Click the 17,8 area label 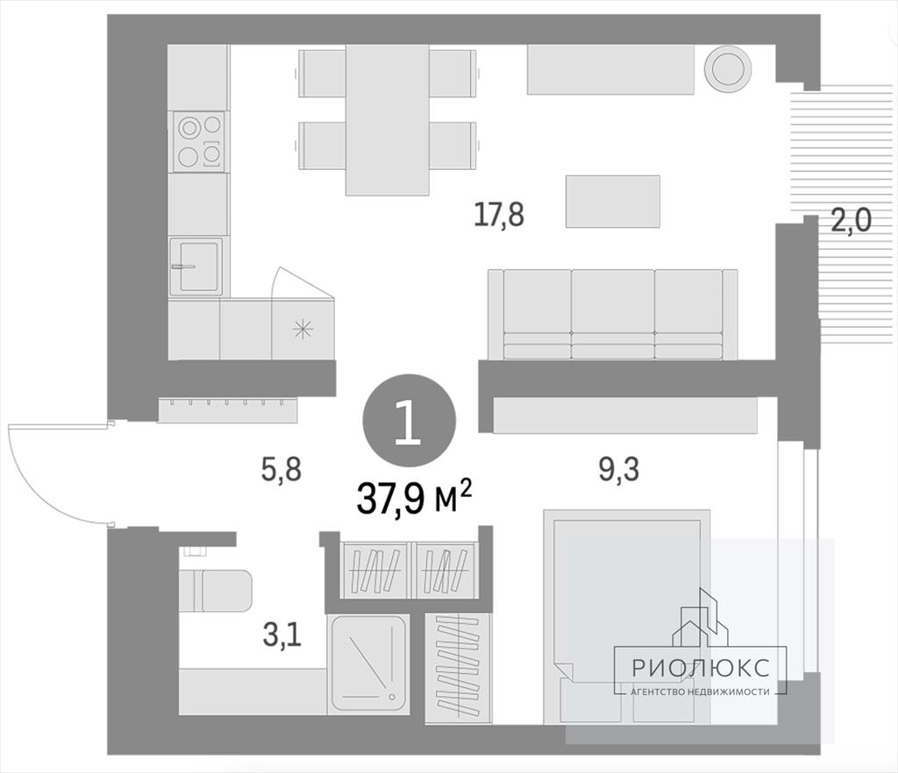pos(499,215)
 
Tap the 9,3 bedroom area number pos(618,470)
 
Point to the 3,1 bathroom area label pos(282,635)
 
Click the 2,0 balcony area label pos(851,220)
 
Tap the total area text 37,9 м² pos(414,497)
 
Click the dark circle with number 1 pos(410,421)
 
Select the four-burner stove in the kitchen pos(199,141)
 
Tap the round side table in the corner pos(728,67)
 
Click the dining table pos(387,119)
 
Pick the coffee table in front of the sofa pos(613,202)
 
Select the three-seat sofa pos(613,314)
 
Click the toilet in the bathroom pos(216,589)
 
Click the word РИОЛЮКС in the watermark pos(701,668)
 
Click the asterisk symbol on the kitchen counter pos(303,330)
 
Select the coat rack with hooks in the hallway pos(228,410)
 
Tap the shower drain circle pos(392,697)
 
